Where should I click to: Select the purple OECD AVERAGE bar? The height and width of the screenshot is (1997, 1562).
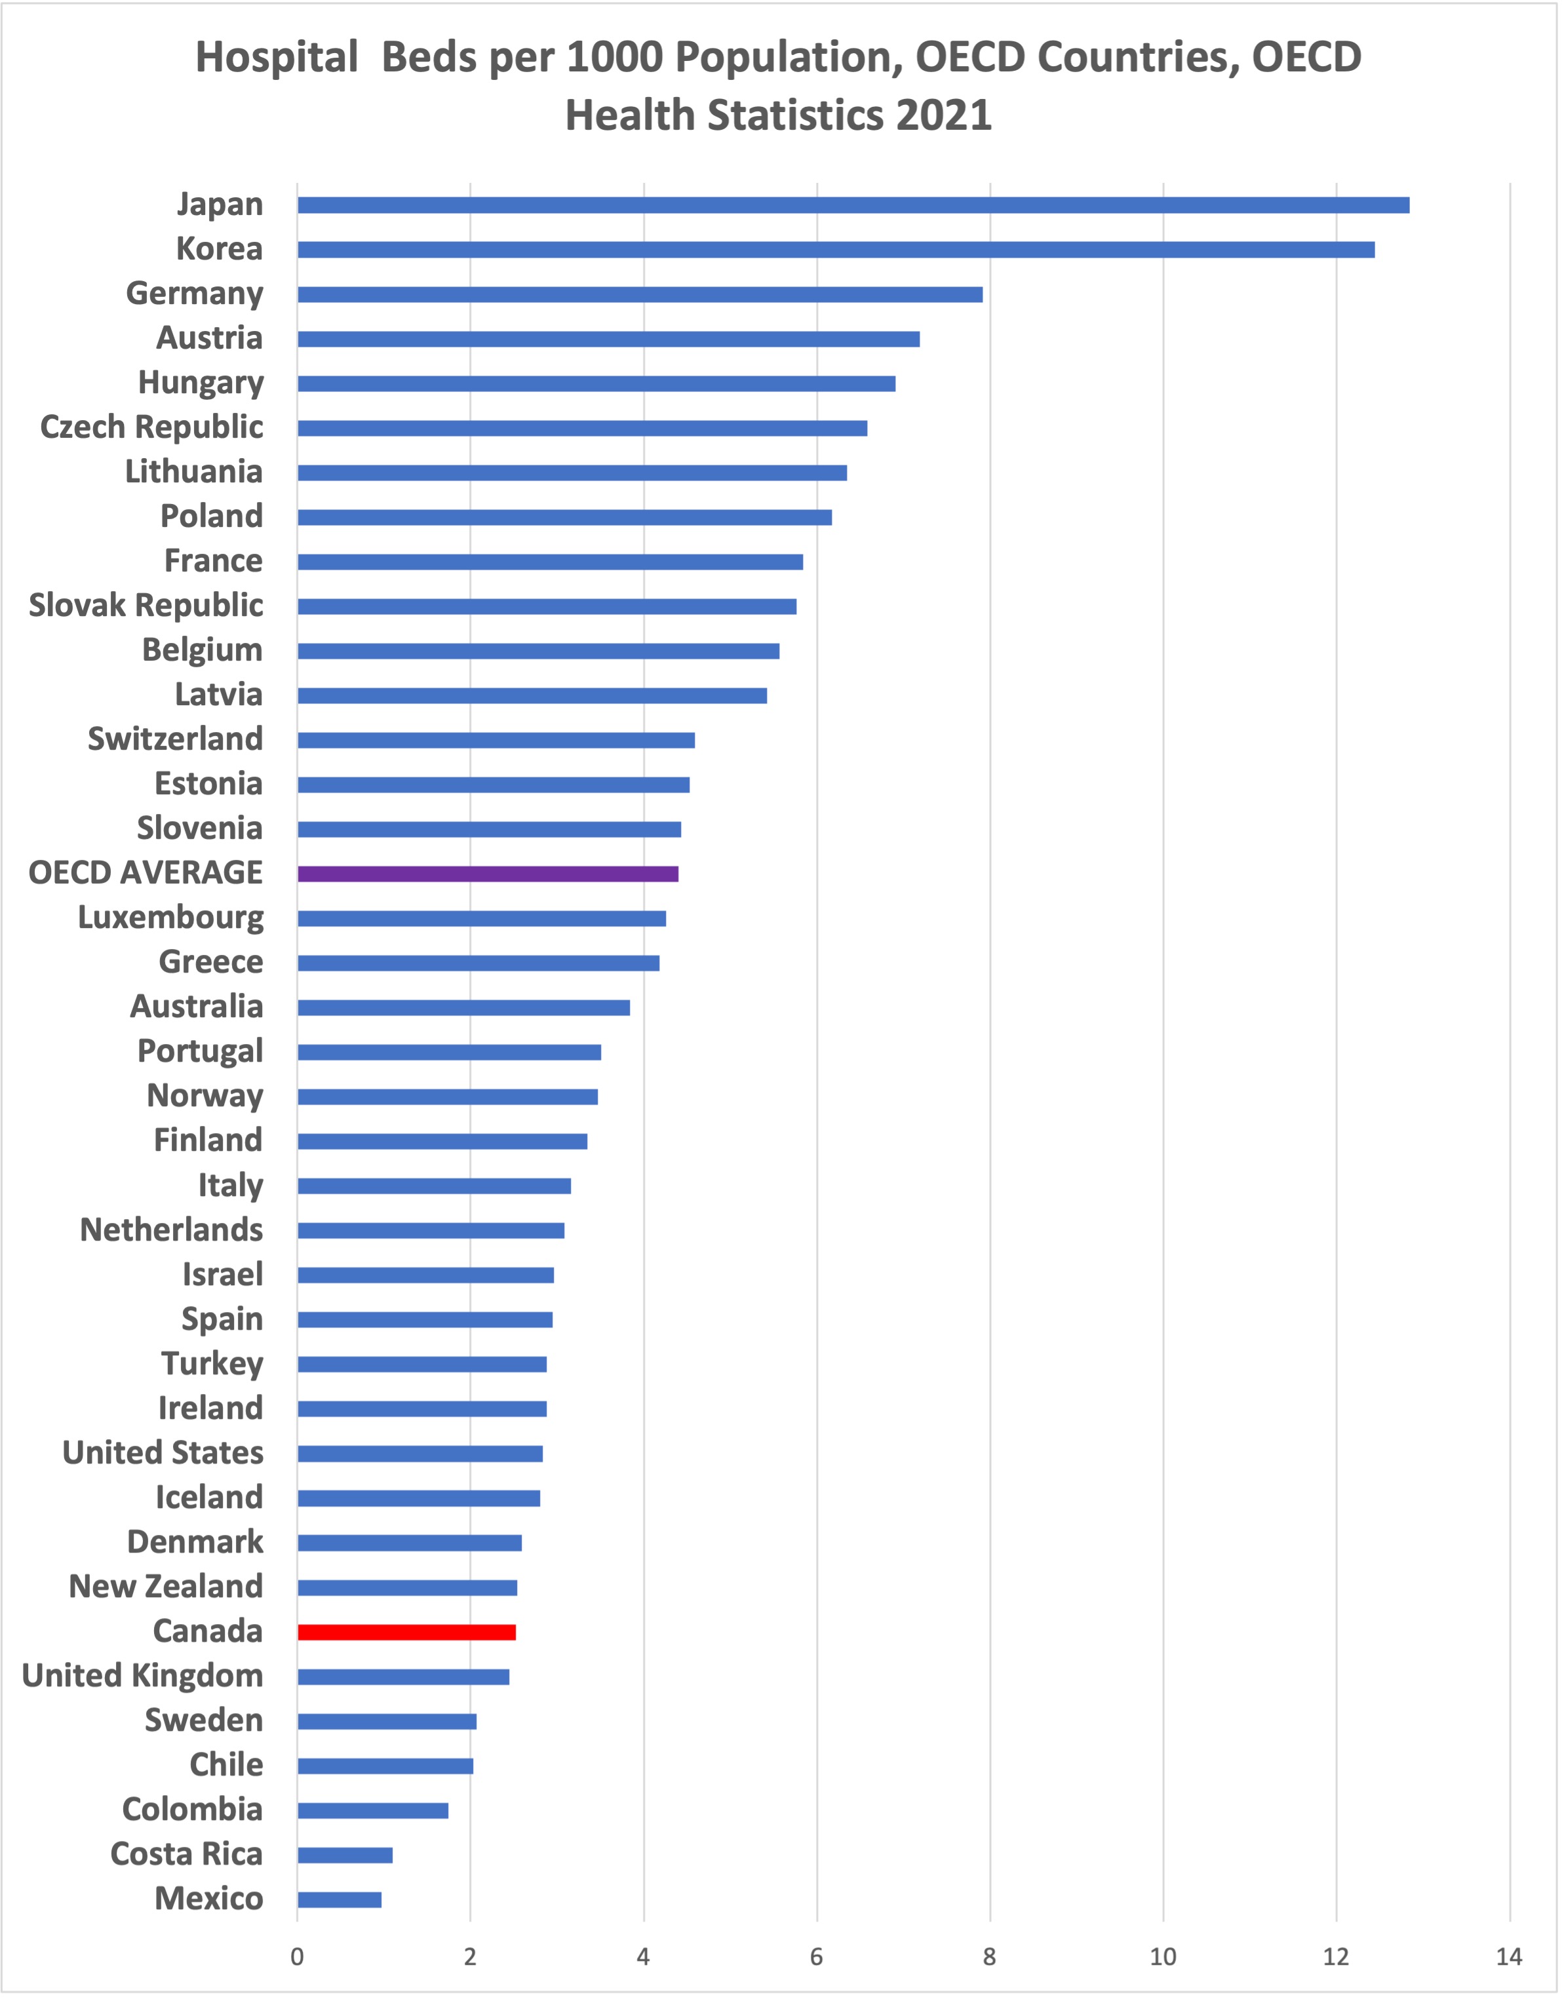pyautogui.click(x=488, y=873)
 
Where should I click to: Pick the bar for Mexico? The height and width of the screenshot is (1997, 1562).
pyautogui.click(x=340, y=1899)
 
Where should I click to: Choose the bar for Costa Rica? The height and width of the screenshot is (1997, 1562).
pyautogui.click(x=345, y=1854)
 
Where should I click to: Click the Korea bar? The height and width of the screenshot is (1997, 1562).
pyautogui.click(x=835, y=250)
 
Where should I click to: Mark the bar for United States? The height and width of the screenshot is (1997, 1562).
pyautogui.click(x=420, y=1454)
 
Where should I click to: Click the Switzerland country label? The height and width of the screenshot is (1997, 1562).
pyautogui.click(x=174, y=739)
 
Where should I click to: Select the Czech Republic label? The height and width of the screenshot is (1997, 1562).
pyautogui.click(x=152, y=427)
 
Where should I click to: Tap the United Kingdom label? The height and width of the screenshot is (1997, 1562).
pyautogui.click(x=143, y=1676)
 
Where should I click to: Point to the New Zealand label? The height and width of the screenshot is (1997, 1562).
pyautogui.click(x=166, y=1587)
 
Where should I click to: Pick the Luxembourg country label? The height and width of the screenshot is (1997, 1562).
pyautogui.click(x=170, y=917)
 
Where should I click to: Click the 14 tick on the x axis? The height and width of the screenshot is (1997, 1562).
pyautogui.click(x=1508, y=1957)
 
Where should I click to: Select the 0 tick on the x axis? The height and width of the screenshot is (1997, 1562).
pyautogui.click(x=297, y=1957)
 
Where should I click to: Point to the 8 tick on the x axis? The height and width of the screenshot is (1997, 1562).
pyautogui.click(x=990, y=1957)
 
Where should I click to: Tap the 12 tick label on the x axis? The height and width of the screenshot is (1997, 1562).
pyautogui.click(x=1335, y=1957)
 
